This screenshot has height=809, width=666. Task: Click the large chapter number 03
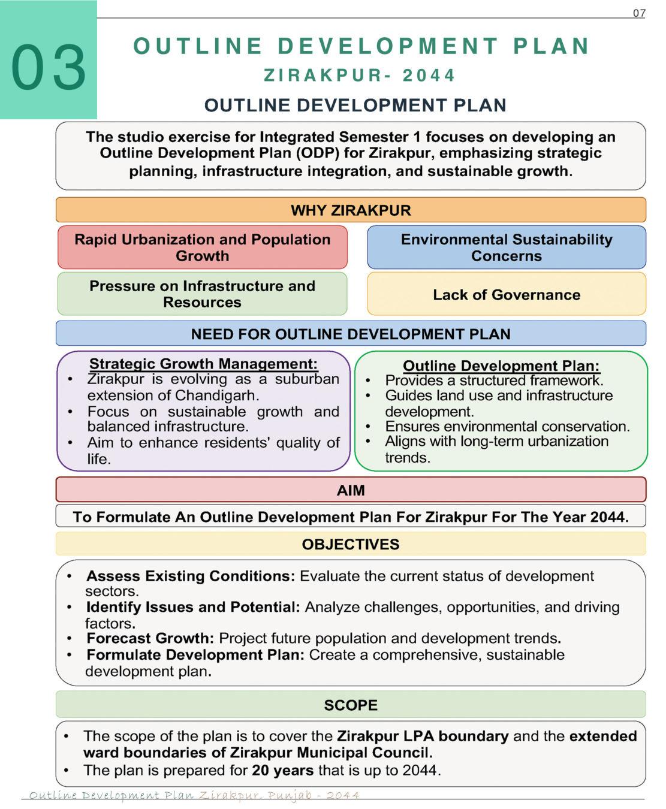[49, 67]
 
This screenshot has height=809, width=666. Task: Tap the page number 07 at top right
[639, 13]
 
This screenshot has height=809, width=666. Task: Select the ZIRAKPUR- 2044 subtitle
[360, 76]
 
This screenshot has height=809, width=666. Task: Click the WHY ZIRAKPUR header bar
[351, 210]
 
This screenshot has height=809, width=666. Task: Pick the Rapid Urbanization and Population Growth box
[202, 247]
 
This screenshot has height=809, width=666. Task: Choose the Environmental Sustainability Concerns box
[507, 247]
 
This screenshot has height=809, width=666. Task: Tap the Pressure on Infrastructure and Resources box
[202, 294]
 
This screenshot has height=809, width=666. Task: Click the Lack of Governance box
[507, 294]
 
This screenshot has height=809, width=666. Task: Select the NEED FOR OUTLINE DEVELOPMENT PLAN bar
[351, 334]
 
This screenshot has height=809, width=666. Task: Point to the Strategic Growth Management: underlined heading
[203, 364]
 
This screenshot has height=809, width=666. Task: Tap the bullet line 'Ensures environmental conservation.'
[507, 426]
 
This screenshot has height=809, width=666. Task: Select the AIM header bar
[351, 490]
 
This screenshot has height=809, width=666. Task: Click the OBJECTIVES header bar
[351, 544]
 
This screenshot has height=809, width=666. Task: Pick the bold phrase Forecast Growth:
[150, 638]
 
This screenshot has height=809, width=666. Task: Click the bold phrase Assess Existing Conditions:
[191, 576]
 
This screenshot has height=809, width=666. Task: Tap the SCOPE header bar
[351, 705]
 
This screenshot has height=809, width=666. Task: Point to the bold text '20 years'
[282, 770]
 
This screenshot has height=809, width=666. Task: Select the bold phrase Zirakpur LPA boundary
[423, 736]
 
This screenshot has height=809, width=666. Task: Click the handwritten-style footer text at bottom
[194, 795]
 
